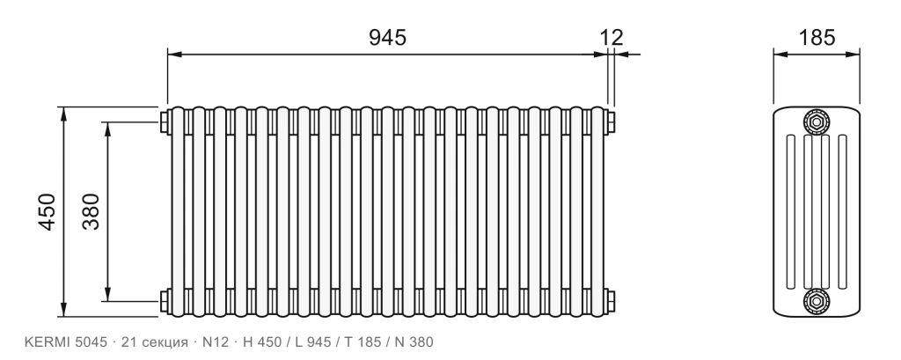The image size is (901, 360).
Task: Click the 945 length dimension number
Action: point(387,37)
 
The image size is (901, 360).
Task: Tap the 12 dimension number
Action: point(612,37)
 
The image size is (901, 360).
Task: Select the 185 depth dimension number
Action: point(817,37)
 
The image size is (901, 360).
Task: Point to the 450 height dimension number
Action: point(48,211)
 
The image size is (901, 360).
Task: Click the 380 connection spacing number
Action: point(91,211)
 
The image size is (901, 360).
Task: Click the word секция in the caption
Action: point(165,342)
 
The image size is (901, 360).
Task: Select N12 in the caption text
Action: point(216,342)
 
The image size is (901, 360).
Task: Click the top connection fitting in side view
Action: point(816,122)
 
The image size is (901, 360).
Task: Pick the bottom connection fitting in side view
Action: point(816,301)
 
